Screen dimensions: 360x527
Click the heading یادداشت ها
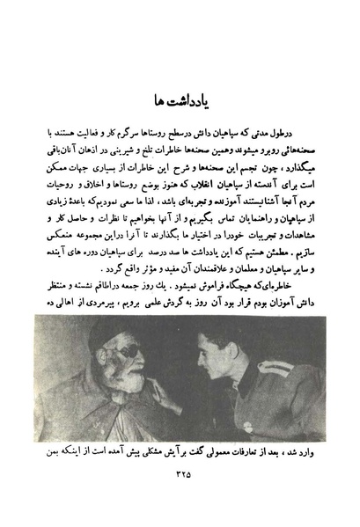click(x=180, y=97)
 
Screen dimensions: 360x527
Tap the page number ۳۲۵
click(x=180, y=475)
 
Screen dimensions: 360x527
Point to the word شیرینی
click(x=107, y=153)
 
